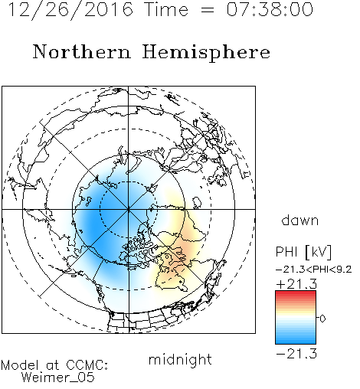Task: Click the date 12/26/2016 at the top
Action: [71, 10]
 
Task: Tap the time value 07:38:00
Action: [270, 9]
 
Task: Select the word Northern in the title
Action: [82, 52]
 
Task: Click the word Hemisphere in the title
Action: [206, 53]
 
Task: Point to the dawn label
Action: [300, 220]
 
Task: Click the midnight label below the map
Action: [180, 359]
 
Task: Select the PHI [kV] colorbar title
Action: [304, 252]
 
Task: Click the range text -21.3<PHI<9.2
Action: [314, 270]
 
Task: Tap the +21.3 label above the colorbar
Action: [296, 284]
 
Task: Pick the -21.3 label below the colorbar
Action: [296, 354]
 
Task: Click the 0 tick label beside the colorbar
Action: [322, 319]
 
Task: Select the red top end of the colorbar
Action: [296, 293]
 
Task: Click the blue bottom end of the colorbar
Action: [296, 342]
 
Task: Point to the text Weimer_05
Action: [58, 378]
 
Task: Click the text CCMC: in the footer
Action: [87, 365]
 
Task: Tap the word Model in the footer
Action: [21, 365]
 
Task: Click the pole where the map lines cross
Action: [129, 209]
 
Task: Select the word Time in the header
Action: [166, 9]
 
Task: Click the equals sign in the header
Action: [208, 10]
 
